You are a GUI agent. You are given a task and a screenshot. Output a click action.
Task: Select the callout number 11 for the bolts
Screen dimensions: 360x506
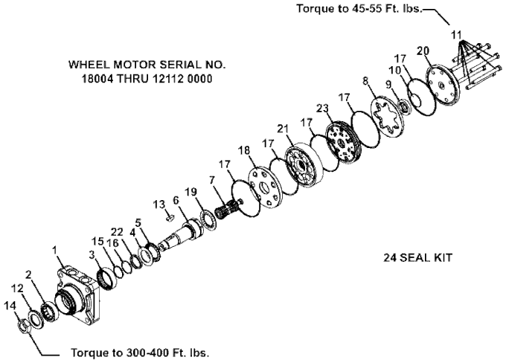456,33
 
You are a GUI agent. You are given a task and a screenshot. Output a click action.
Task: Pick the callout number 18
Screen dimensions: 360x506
244,150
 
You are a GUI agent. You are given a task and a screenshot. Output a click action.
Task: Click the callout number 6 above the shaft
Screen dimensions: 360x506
176,200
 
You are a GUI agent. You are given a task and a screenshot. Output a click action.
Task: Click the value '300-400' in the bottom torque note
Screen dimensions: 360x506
151,351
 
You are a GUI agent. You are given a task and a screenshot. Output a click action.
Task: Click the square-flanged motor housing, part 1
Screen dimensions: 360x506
80,294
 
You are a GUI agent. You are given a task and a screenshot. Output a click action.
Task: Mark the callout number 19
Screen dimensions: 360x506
192,192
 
